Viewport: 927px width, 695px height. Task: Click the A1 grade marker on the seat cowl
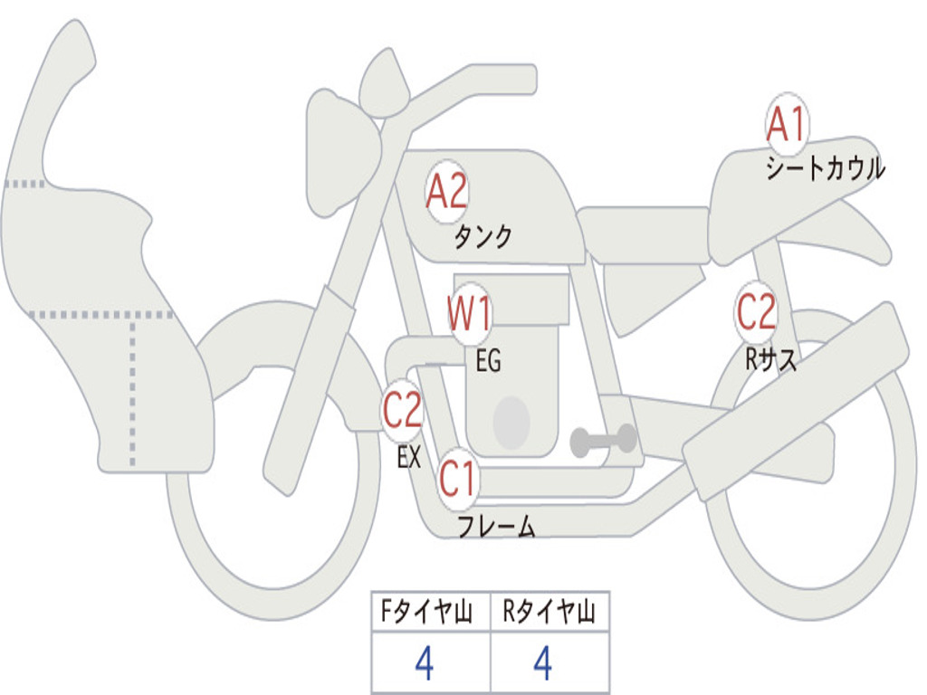pyautogui.click(x=785, y=126)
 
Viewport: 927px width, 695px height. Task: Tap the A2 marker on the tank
pyautogui.click(x=446, y=191)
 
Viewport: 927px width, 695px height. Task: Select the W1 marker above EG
pyautogui.click(x=470, y=315)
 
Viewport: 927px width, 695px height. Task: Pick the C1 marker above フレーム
pyautogui.click(x=457, y=479)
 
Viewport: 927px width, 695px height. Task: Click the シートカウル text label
pyautogui.click(x=825, y=169)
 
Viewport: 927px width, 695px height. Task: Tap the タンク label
pyautogui.click(x=483, y=237)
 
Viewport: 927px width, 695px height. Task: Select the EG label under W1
pyautogui.click(x=488, y=361)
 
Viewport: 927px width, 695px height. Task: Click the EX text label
pyautogui.click(x=409, y=457)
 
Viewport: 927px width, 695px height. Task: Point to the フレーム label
pyautogui.click(x=496, y=526)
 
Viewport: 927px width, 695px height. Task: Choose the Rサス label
pyautogui.click(x=771, y=360)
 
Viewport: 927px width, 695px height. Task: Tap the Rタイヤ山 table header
pyautogui.click(x=549, y=614)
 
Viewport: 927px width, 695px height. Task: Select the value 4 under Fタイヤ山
pyautogui.click(x=424, y=664)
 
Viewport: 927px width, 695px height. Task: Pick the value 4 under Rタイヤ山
pyautogui.click(x=542, y=664)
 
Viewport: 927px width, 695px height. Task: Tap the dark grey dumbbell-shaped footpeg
pyautogui.click(x=603, y=441)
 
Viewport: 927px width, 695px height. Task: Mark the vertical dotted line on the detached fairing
pyautogui.click(x=134, y=389)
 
